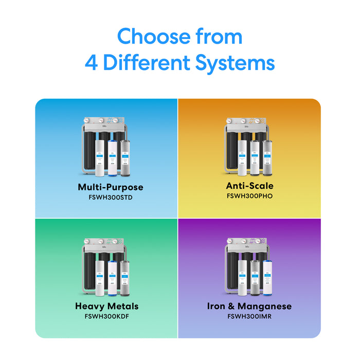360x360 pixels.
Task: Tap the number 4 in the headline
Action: click(91, 63)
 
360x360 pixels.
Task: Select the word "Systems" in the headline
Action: click(234, 63)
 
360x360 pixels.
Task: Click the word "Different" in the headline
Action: click(147, 63)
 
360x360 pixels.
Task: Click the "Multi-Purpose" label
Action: click(110, 187)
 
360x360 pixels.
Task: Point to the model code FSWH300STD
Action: click(110, 197)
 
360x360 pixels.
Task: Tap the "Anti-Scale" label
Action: click(249, 186)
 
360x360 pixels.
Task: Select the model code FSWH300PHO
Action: click(249, 196)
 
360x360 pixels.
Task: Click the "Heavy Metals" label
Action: click(106, 307)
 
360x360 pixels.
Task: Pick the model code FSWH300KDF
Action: click(106, 316)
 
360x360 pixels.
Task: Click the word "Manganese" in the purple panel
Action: click(265, 307)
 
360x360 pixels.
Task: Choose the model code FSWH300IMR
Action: click(249, 316)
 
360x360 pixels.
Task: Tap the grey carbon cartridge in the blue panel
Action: click(124, 157)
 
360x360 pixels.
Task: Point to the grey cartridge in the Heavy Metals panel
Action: click(124, 277)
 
